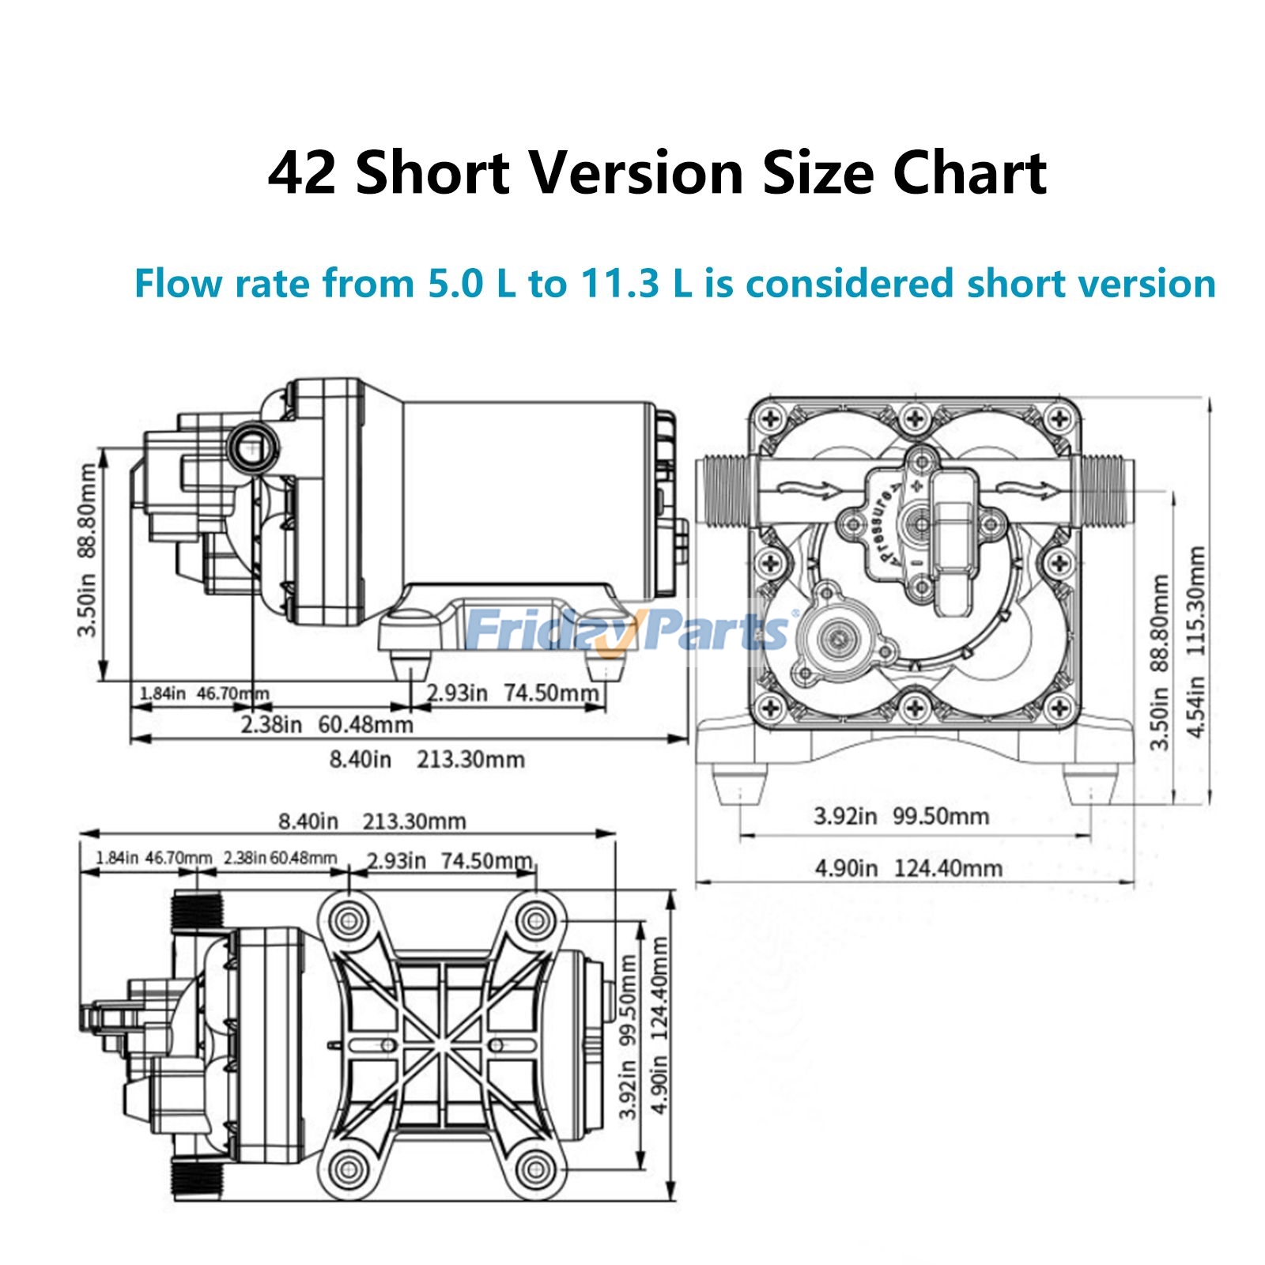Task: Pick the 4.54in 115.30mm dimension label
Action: [x=1195, y=641]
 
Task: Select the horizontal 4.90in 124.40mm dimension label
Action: [x=908, y=868]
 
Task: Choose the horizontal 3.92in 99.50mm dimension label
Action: [x=901, y=815]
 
